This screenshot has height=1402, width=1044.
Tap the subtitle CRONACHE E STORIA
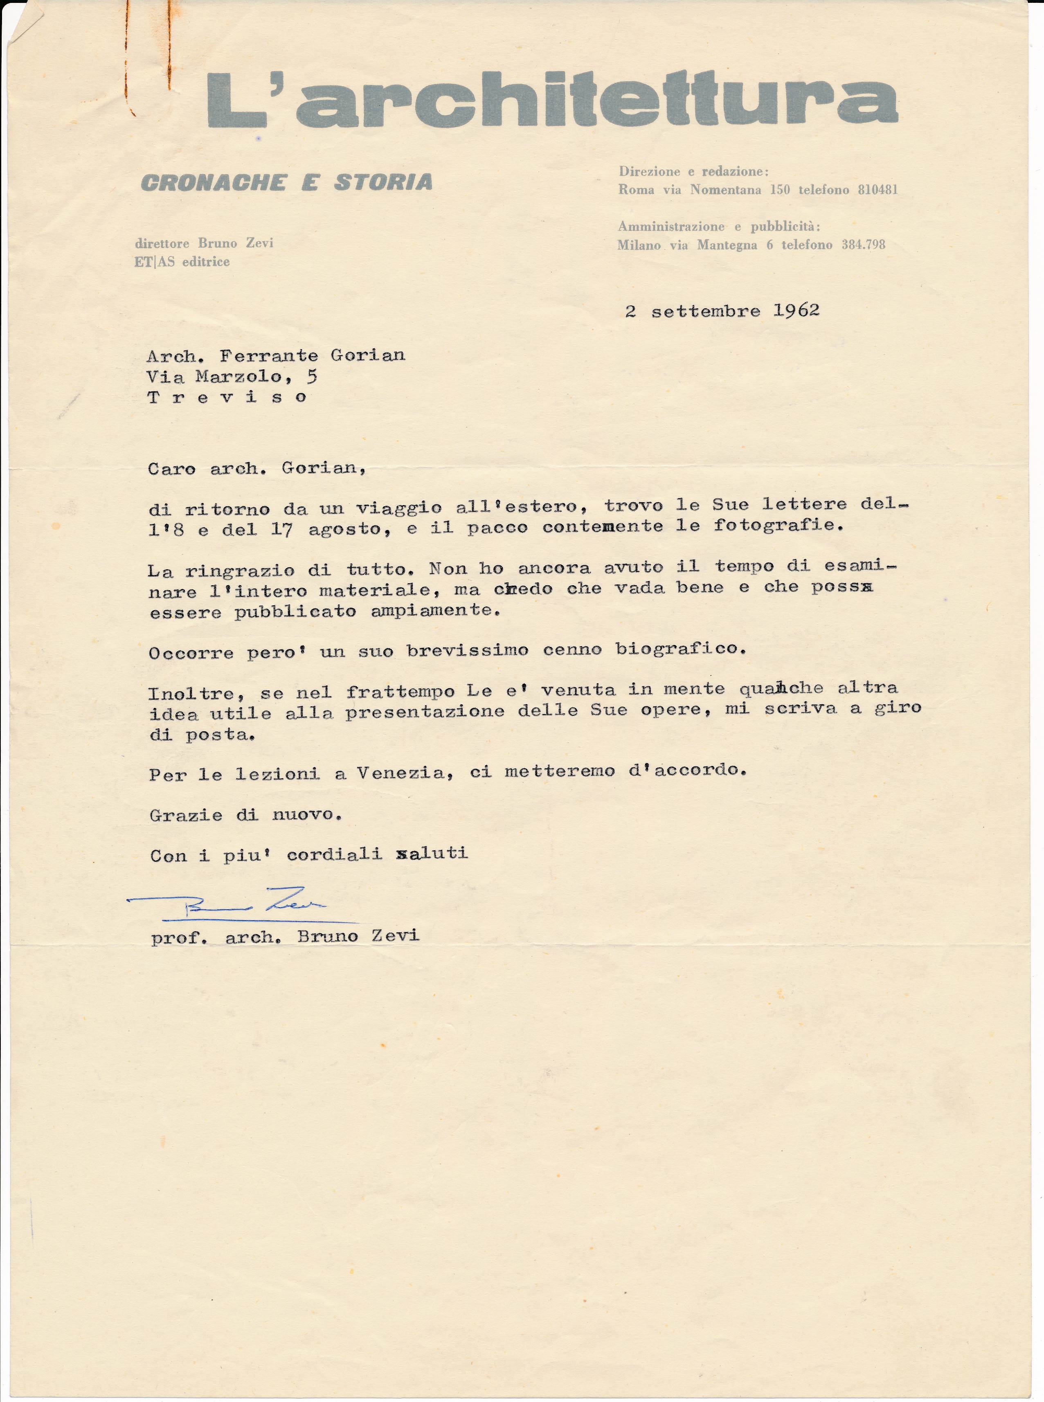[286, 182]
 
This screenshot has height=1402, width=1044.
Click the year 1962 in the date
[796, 311]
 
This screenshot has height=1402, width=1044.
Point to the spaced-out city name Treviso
[227, 398]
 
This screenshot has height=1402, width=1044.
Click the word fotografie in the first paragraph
[778, 525]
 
